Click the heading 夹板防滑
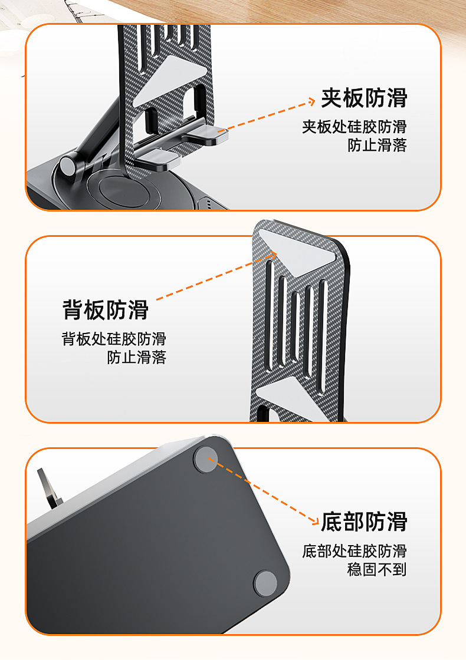click(364, 98)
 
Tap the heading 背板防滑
click(106, 310)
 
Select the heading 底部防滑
click(364, 522)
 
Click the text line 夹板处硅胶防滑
click(355, 127)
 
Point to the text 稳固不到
click(377, 569)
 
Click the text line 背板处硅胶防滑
click(114, 339)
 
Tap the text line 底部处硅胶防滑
click(355, 551)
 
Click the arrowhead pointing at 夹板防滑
click(312, 101)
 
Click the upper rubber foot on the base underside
click(206, 460)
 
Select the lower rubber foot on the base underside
click(265, 583)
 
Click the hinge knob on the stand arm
click(67, 166)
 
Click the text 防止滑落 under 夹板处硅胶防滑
click(377, 145)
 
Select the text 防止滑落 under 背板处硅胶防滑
click(136, 357)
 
